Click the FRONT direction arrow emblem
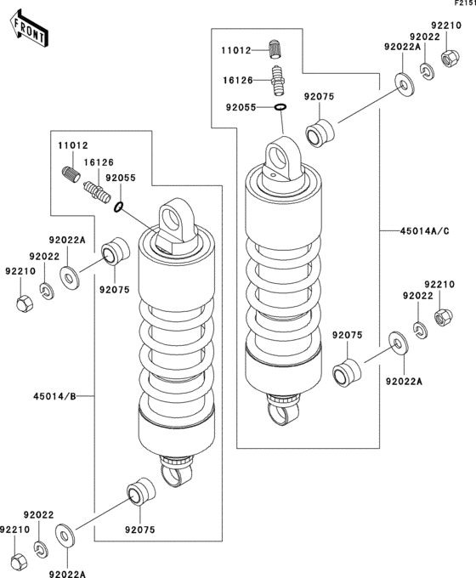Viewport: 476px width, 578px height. [27, 28]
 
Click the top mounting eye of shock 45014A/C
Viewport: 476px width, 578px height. [279, 157]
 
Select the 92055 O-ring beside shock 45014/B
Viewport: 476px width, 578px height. [118, 207]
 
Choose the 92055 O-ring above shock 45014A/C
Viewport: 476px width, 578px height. [280, 107]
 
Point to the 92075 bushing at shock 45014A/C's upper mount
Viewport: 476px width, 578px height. [319, 133]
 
